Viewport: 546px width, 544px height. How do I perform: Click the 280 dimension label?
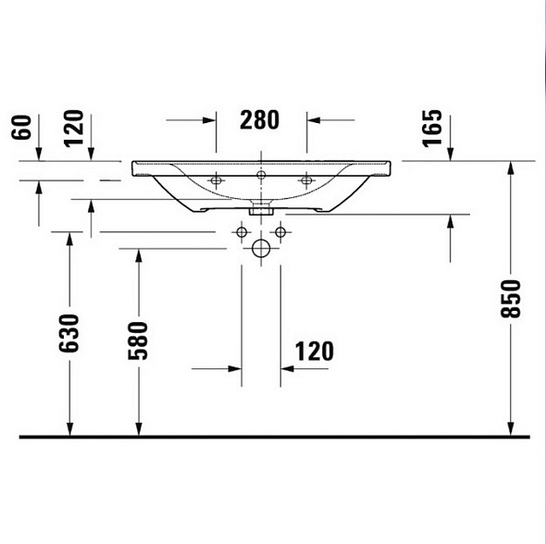pyautogui.click(x=259, y=120)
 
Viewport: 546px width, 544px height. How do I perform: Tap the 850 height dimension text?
pyautogui.click(x=511, y=299)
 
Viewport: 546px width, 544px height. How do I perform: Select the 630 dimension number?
pyautogui.click(x=69, y=333)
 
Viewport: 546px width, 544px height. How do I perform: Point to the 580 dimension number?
pyautogui.click(x=138, y=340)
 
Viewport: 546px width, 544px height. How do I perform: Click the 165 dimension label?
pyautogui.click(x=432, y=129)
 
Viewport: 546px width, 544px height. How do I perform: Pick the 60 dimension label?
pyautogui.click(x=21, y=128)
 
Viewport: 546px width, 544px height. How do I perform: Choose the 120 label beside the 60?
pyautogui.click(x=74, y=129)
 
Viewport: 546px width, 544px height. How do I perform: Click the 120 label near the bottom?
pyautogui.click(x=315, y=352)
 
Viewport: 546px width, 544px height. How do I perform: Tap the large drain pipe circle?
pyautogui.click(x=261, y=249)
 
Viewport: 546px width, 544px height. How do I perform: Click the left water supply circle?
pyautogui.click(x=242, y=232)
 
